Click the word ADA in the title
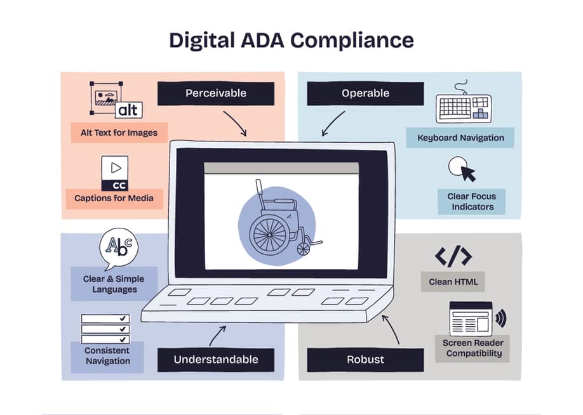pos(262,40)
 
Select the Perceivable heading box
pos(216,93)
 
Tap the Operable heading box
pos(366,93)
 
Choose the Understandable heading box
pos(216,360)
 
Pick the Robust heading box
pos(366,360)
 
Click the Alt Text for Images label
pos(119,133)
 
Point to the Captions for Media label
pos(114,199)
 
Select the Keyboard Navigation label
pos(460,138)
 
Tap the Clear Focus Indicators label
pos(471,201)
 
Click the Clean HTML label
pos(453,282)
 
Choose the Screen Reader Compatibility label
pos(472,348)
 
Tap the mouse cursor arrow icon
pos(469,173)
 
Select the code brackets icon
pos(453,256)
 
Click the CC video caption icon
pos(115,173)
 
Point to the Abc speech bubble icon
pos(119,247)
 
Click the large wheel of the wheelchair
pos(269,235)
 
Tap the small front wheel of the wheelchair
pos(304,249)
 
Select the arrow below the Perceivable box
pos(236,122)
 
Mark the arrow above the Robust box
pos(391,329)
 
